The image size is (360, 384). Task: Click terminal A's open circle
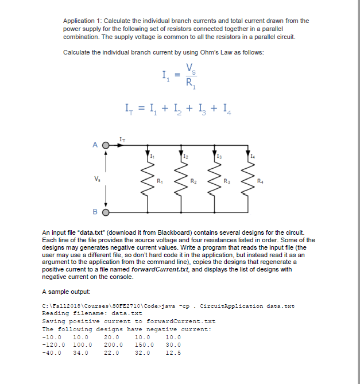coord(106,145)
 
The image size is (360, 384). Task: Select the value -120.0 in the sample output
coord(52,344)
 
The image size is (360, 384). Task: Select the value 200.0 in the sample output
coord(113,344)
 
